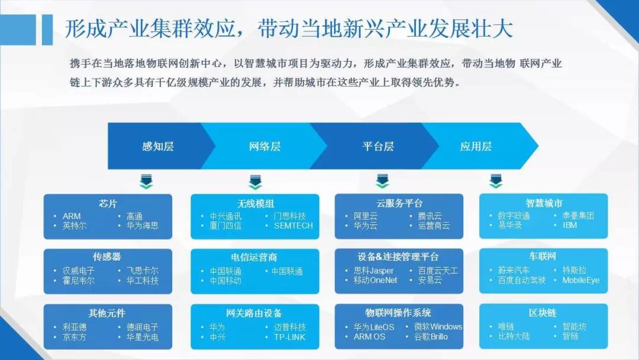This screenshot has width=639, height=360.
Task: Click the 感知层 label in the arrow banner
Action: tap(158, 146)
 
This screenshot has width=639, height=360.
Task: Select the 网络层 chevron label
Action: tap(265, 146)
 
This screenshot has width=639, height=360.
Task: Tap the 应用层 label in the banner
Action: tap(476, 146)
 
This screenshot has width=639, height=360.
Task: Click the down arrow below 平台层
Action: tap(382, 181)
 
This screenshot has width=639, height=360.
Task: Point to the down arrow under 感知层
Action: tap(146, 181)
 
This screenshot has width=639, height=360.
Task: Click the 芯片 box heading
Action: tap(108, 203)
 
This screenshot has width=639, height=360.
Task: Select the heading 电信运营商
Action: tap(254, 257)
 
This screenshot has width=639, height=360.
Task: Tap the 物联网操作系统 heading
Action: tap(398, 313)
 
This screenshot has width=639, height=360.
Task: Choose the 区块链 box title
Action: tap(543, 313)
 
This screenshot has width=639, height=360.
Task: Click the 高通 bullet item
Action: tap(134, 216)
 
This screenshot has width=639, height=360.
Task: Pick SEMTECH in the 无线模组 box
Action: tap(293, 226)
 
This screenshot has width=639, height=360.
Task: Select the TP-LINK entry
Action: tap(290, 337)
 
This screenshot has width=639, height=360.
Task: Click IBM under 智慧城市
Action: tap(570, 225)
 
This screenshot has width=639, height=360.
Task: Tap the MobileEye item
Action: tap(581, 280)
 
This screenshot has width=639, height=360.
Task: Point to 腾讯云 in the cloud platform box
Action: tap(430, 216)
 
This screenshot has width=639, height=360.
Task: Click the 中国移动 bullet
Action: tap(225, 281)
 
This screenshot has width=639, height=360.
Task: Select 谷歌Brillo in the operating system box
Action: tap(431, 337)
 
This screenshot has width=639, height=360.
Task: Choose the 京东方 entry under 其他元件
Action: tap(74, 337)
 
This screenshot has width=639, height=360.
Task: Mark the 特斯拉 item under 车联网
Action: tap(574, 270)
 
